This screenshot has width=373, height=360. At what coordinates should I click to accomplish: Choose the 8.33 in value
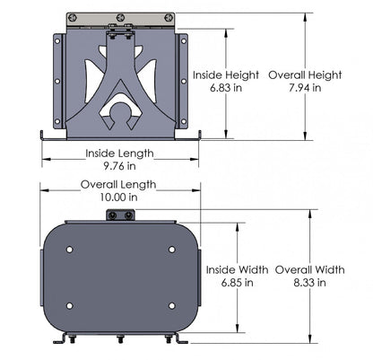(309, 282)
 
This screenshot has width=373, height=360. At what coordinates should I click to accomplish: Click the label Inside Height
(225, 75)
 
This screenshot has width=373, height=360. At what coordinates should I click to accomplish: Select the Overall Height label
(304, 75)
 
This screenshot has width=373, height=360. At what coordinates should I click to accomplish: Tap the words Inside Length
(119, 154)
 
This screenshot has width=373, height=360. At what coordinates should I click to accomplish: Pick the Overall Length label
(118, 184)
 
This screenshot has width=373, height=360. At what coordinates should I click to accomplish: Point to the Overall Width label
(310, 269)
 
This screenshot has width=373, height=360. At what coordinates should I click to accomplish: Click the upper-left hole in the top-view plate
(72, 249)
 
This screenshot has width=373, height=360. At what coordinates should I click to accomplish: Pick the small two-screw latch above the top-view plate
(120, 215)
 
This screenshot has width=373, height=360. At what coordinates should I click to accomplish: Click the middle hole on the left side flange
(58, 82)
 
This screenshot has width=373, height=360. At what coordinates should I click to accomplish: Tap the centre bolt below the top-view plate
(120, 339)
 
